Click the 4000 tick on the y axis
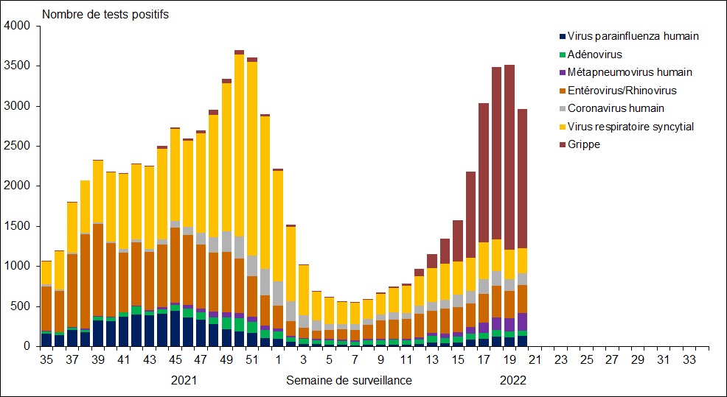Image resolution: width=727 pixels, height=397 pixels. pos(17,27)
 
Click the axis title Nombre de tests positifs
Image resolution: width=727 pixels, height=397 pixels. pos(105,15)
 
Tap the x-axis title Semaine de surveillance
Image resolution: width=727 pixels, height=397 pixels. pos(349,380)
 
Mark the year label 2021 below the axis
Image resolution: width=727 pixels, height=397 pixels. pos(184,380)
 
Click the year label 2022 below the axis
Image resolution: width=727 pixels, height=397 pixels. pos(513,380)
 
